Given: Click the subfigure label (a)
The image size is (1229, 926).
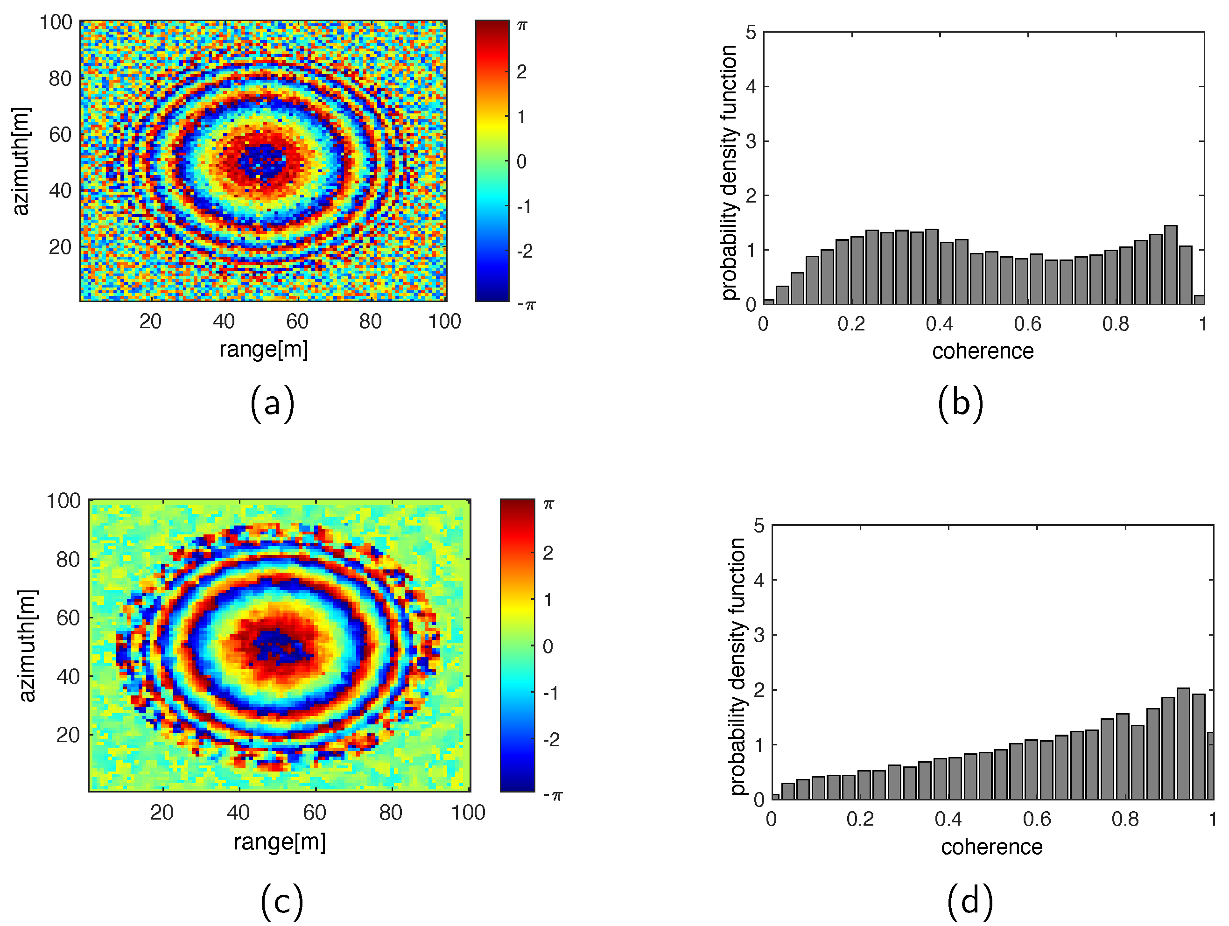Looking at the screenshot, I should [x=272, y=404].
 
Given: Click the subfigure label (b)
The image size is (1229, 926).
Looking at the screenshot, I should [x=960, y=404].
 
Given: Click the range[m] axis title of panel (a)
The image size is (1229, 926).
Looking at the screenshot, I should [x=263, y=350].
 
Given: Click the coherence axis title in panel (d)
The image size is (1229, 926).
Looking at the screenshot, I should [x=991, y=847].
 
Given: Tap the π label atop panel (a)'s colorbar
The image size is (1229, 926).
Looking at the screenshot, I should [x=522, y=26].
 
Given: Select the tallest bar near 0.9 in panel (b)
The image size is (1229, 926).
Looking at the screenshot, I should [x=1170, y=265].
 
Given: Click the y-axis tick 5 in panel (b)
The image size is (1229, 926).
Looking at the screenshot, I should [x=751, y=33].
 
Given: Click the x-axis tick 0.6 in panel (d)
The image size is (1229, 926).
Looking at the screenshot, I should [x=1037, y=819].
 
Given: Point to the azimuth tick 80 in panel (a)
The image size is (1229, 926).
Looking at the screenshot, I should [x=60, y=79].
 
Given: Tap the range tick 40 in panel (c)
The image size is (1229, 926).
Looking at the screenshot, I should [x=239, y=813].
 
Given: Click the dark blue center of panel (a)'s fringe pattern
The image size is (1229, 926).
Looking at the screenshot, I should [x=263, y=161].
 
